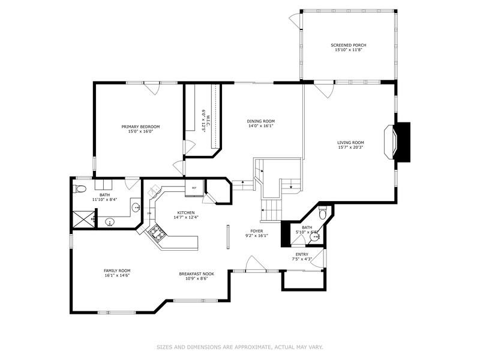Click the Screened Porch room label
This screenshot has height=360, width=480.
348,45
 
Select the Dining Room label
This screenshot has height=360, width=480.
260,121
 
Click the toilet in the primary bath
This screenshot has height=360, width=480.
80,189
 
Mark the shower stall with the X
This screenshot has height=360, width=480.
83,219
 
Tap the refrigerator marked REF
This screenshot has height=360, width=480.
194,188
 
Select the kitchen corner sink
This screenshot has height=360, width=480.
154,194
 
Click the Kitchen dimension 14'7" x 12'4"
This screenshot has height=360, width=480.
185,217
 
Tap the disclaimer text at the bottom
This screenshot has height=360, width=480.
240,347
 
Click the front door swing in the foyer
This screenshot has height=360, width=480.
253,263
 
